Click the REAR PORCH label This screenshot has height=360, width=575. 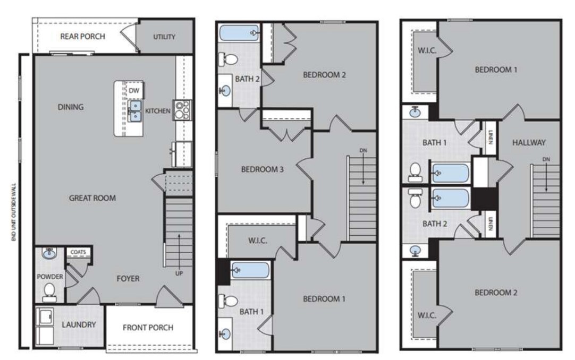coord(82,37)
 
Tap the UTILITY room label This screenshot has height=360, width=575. coord(164,37)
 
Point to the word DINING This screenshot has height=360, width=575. coord(71,107)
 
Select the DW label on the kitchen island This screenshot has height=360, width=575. coord(134,91)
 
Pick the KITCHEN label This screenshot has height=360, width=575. coord(158,111)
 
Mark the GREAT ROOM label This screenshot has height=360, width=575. coord(92,198)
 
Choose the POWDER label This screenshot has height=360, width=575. coord(50,277)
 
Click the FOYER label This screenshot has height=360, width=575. coord(128,279)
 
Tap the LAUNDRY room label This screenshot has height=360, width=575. coord(79,324)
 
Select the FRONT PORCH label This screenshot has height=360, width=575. coord(148,327)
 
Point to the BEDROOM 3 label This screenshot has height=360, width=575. coord(262,170)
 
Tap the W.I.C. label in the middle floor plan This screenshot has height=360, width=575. coord(257,241)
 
